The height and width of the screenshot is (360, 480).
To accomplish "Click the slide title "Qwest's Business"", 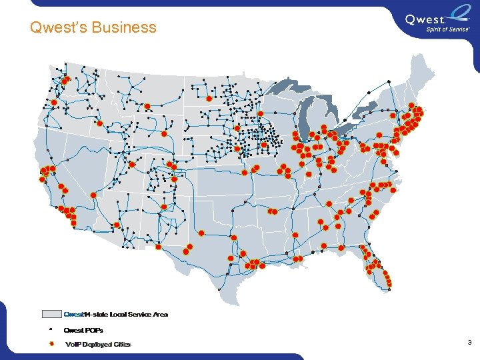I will (93, 27).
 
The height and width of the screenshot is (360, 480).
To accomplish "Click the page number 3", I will (469, 343).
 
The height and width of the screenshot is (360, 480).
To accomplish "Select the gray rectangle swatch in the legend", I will (51, 314).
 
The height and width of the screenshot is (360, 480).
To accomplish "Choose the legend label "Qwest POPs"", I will (83, 330).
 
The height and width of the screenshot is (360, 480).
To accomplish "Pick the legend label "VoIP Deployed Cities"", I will (98, 345).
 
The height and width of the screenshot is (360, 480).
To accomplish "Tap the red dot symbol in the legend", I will (51, 344).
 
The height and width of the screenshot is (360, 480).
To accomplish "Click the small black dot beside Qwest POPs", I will (51, 330).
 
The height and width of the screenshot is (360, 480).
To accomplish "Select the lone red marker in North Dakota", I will (209, 98).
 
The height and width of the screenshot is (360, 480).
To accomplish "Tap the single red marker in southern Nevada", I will (93, 195).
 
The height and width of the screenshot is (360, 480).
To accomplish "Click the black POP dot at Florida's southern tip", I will (389, 288).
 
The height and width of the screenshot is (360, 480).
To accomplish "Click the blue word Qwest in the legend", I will (73, 314).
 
